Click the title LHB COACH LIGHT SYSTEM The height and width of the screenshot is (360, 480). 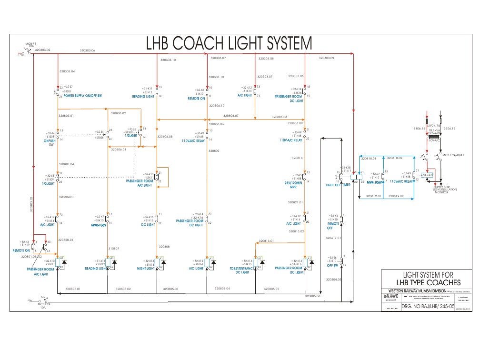pos(229,44)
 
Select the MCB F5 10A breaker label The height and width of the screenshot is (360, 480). pos(30,45)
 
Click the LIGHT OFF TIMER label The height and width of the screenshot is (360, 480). pos(338,185)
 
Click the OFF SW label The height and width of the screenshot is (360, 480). pos(332,266)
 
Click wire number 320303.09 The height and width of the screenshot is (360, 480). pos(325,58)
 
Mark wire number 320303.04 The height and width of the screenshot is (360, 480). pos(67,71)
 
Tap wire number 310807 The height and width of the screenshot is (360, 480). pos(114,248)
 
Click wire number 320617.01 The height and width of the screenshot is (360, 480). pos(334,238)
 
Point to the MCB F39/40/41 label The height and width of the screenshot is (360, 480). pos(453,155)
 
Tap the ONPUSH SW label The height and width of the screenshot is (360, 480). pos(49,142)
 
